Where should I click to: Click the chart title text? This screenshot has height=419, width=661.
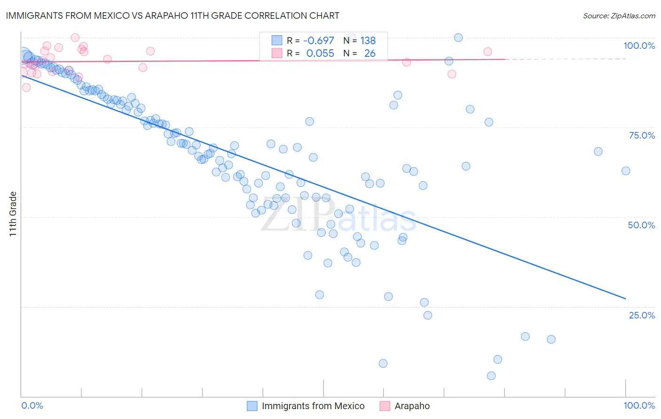coord(172,16)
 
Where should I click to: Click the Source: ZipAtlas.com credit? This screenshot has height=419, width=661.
coord(619,16)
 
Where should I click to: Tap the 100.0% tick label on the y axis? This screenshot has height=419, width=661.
coord(639,46)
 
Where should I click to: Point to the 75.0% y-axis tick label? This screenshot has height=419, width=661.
coord(642,135)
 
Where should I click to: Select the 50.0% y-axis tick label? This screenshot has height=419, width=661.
coord(641,225)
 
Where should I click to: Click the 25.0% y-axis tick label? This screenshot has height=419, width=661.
coord(642,315)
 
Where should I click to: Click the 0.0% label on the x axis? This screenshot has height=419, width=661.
coord(32,405)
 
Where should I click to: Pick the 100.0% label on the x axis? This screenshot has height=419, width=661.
coord(639,405)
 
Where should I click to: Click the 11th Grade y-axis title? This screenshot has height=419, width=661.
coord(13,214)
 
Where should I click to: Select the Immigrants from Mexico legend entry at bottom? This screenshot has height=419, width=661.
coord(313,406)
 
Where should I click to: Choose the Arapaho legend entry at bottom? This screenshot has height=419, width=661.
coord(412,406)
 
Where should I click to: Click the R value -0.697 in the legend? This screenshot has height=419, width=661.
coord(319,41)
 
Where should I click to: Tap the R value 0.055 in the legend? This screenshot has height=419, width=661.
coord(320,53)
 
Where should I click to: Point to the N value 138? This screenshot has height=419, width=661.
coord(368,41)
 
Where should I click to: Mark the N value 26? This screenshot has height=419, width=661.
coord(370,53)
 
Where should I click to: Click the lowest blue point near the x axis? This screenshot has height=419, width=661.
coord(491,376)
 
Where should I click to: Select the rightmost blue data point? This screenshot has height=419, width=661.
coord(626,171)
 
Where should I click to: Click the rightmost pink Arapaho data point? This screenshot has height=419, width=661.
coord(488,52)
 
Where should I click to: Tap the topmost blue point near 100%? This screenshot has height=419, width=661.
coord(458,38)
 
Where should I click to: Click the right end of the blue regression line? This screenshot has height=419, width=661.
coord(626,298)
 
